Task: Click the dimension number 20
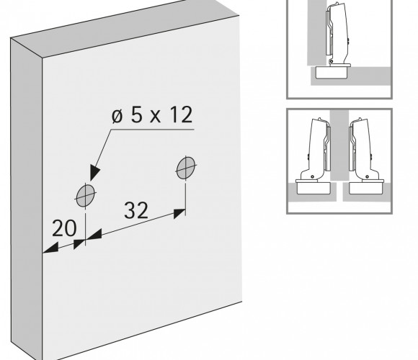pyautogui.click(x=64, y=228)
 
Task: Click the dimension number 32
pyautogui.click(x=136, y=210)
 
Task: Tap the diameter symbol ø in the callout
pyautogui.click(x=117, y=116)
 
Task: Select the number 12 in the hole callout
pyautogui.click(x=182, y=114)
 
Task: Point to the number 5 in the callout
pyautogui.click(x=136, y=114)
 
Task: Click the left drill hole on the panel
pyautogui.click(x=86, y=196)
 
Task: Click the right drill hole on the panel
pyautogui.click(x=186, y=168)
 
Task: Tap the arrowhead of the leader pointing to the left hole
pyautogui.click(x=94, y=173)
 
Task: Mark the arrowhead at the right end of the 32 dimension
pyautogui.click(x=179, y=213)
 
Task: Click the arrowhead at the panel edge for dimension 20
pyautogui.click(x=50, y=248)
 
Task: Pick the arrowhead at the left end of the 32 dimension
pyautogui.click(x=94, y=234)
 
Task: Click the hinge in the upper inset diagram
pyautogui.click(x=337, y=35)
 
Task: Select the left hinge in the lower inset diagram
pyautogui.click(x=314, y=150)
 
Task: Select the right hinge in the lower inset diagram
pyautogui.click(x=365, y=150)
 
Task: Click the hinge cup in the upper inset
pyautogui.click(x=332, y=72)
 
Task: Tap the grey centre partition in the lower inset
pyautogui.click(x=339, y=145)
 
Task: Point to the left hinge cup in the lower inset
pyautogui.click(x=313, y=188)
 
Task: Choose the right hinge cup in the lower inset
pyautogui.click(x=365, y=188)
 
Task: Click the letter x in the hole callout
pyautogui.click(x=156, y=117)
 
